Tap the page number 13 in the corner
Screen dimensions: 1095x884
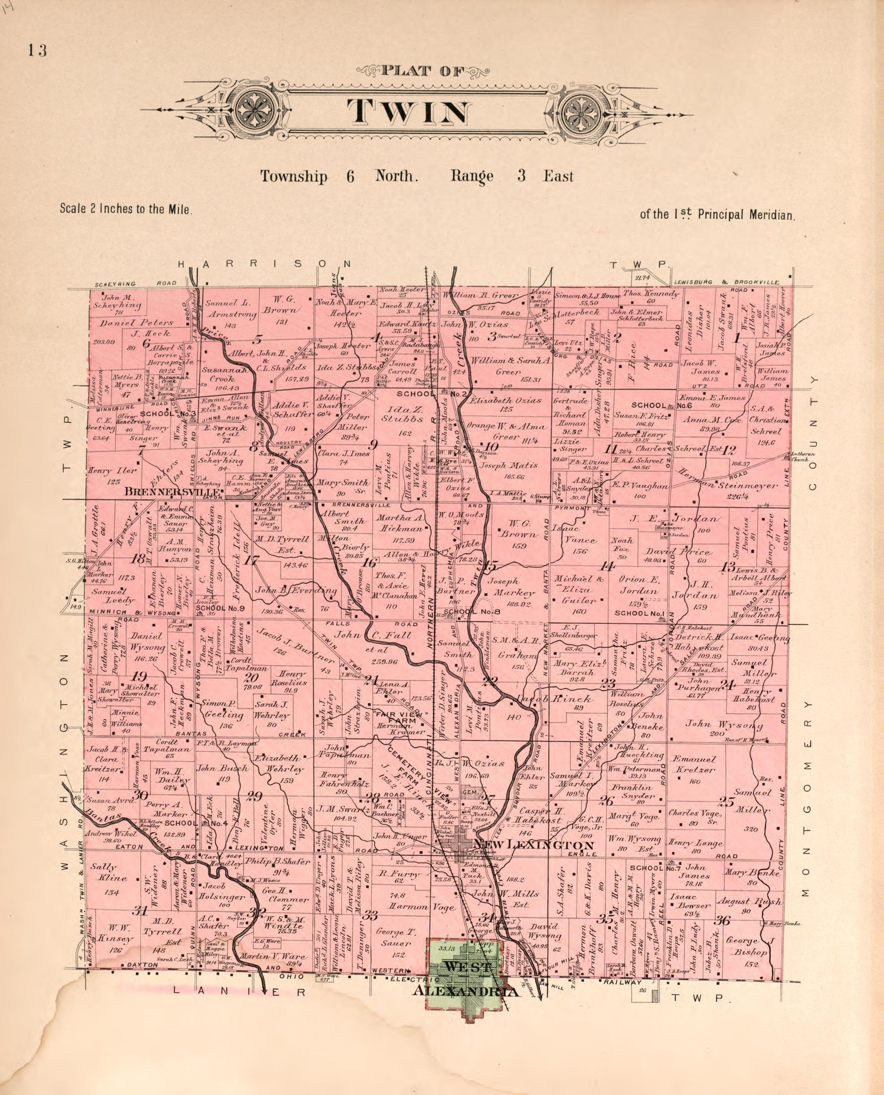pyautogui.click(x=36, y=50)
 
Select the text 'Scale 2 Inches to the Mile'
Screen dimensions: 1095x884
pyautogui.click(x=126, y=209)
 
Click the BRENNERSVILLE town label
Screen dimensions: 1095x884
pyautogui.click(x=172, y=491)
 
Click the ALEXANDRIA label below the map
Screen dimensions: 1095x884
pyautogui.click(x=467, y=992)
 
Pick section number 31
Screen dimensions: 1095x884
pyautogui.click(x=139, y=911)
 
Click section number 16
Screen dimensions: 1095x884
pyautogui.click(x=369, y=563)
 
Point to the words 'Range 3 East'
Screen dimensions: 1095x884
pyautogui.click(x=512, y=176)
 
